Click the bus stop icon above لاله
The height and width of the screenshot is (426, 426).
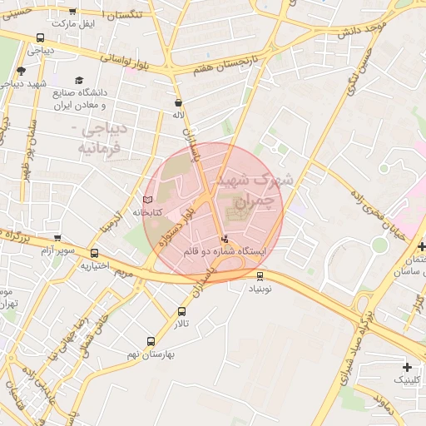[178, 103]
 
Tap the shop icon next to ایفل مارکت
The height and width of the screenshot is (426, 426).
[72, 12]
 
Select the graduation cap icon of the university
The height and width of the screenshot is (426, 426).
[79, 81]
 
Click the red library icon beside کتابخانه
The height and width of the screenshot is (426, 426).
[148, 201]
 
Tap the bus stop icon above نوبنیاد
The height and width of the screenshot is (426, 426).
[260, 276]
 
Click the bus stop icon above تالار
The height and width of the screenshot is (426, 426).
[181, 311]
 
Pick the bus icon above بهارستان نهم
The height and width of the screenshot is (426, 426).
[151, 341]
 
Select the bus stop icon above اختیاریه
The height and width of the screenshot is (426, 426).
[94, 254]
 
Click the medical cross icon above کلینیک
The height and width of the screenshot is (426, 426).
[406, 367]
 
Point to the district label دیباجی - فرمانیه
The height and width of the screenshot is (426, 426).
[101, 140]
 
